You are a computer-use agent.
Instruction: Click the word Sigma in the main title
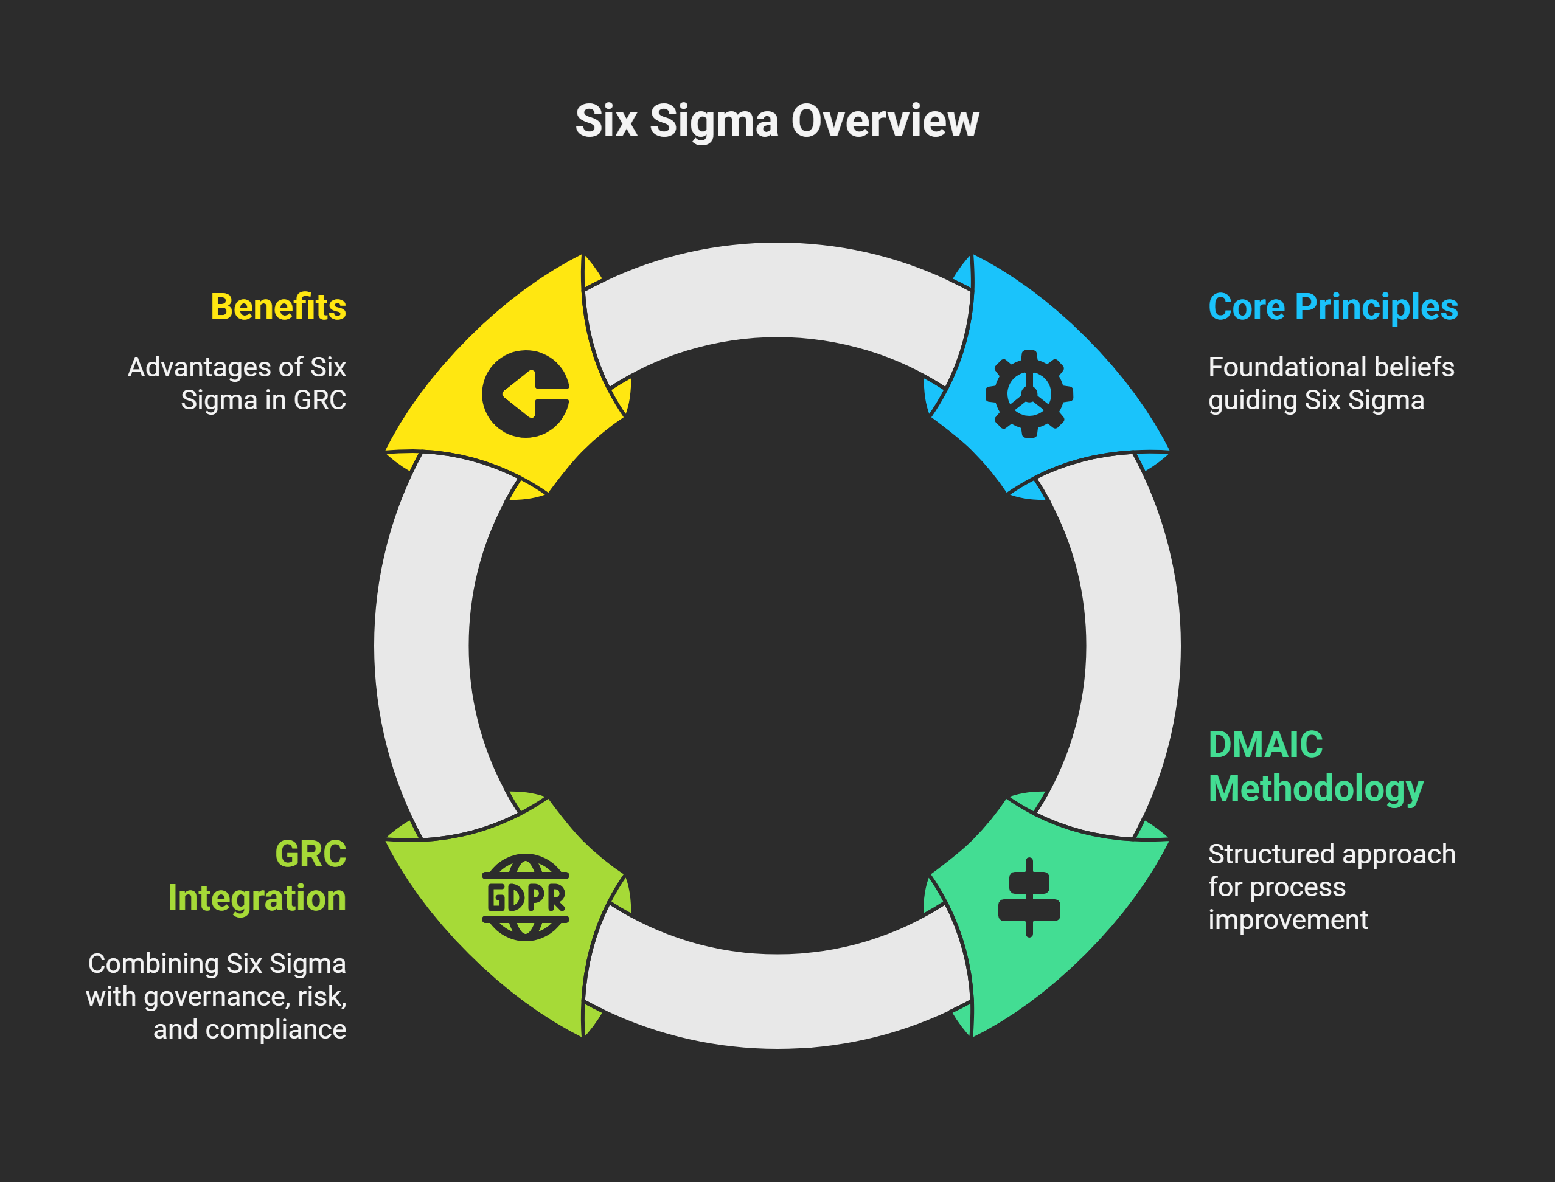(x=714, y=121)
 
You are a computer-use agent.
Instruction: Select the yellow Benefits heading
(x=278, y=307)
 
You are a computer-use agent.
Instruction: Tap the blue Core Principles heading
(x=1332, y=307)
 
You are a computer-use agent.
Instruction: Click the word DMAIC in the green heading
(x=1265, y=744)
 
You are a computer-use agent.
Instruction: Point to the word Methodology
(x=1315, y=788)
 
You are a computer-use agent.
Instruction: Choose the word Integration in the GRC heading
(x=257, y=898)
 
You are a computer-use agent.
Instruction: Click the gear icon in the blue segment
(x=1029, y=394)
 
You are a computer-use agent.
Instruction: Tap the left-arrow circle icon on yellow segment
(x=525, y=394)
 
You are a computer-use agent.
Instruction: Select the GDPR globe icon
(x=525, y=898)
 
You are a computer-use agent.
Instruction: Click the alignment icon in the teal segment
(x=1029, y=898)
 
